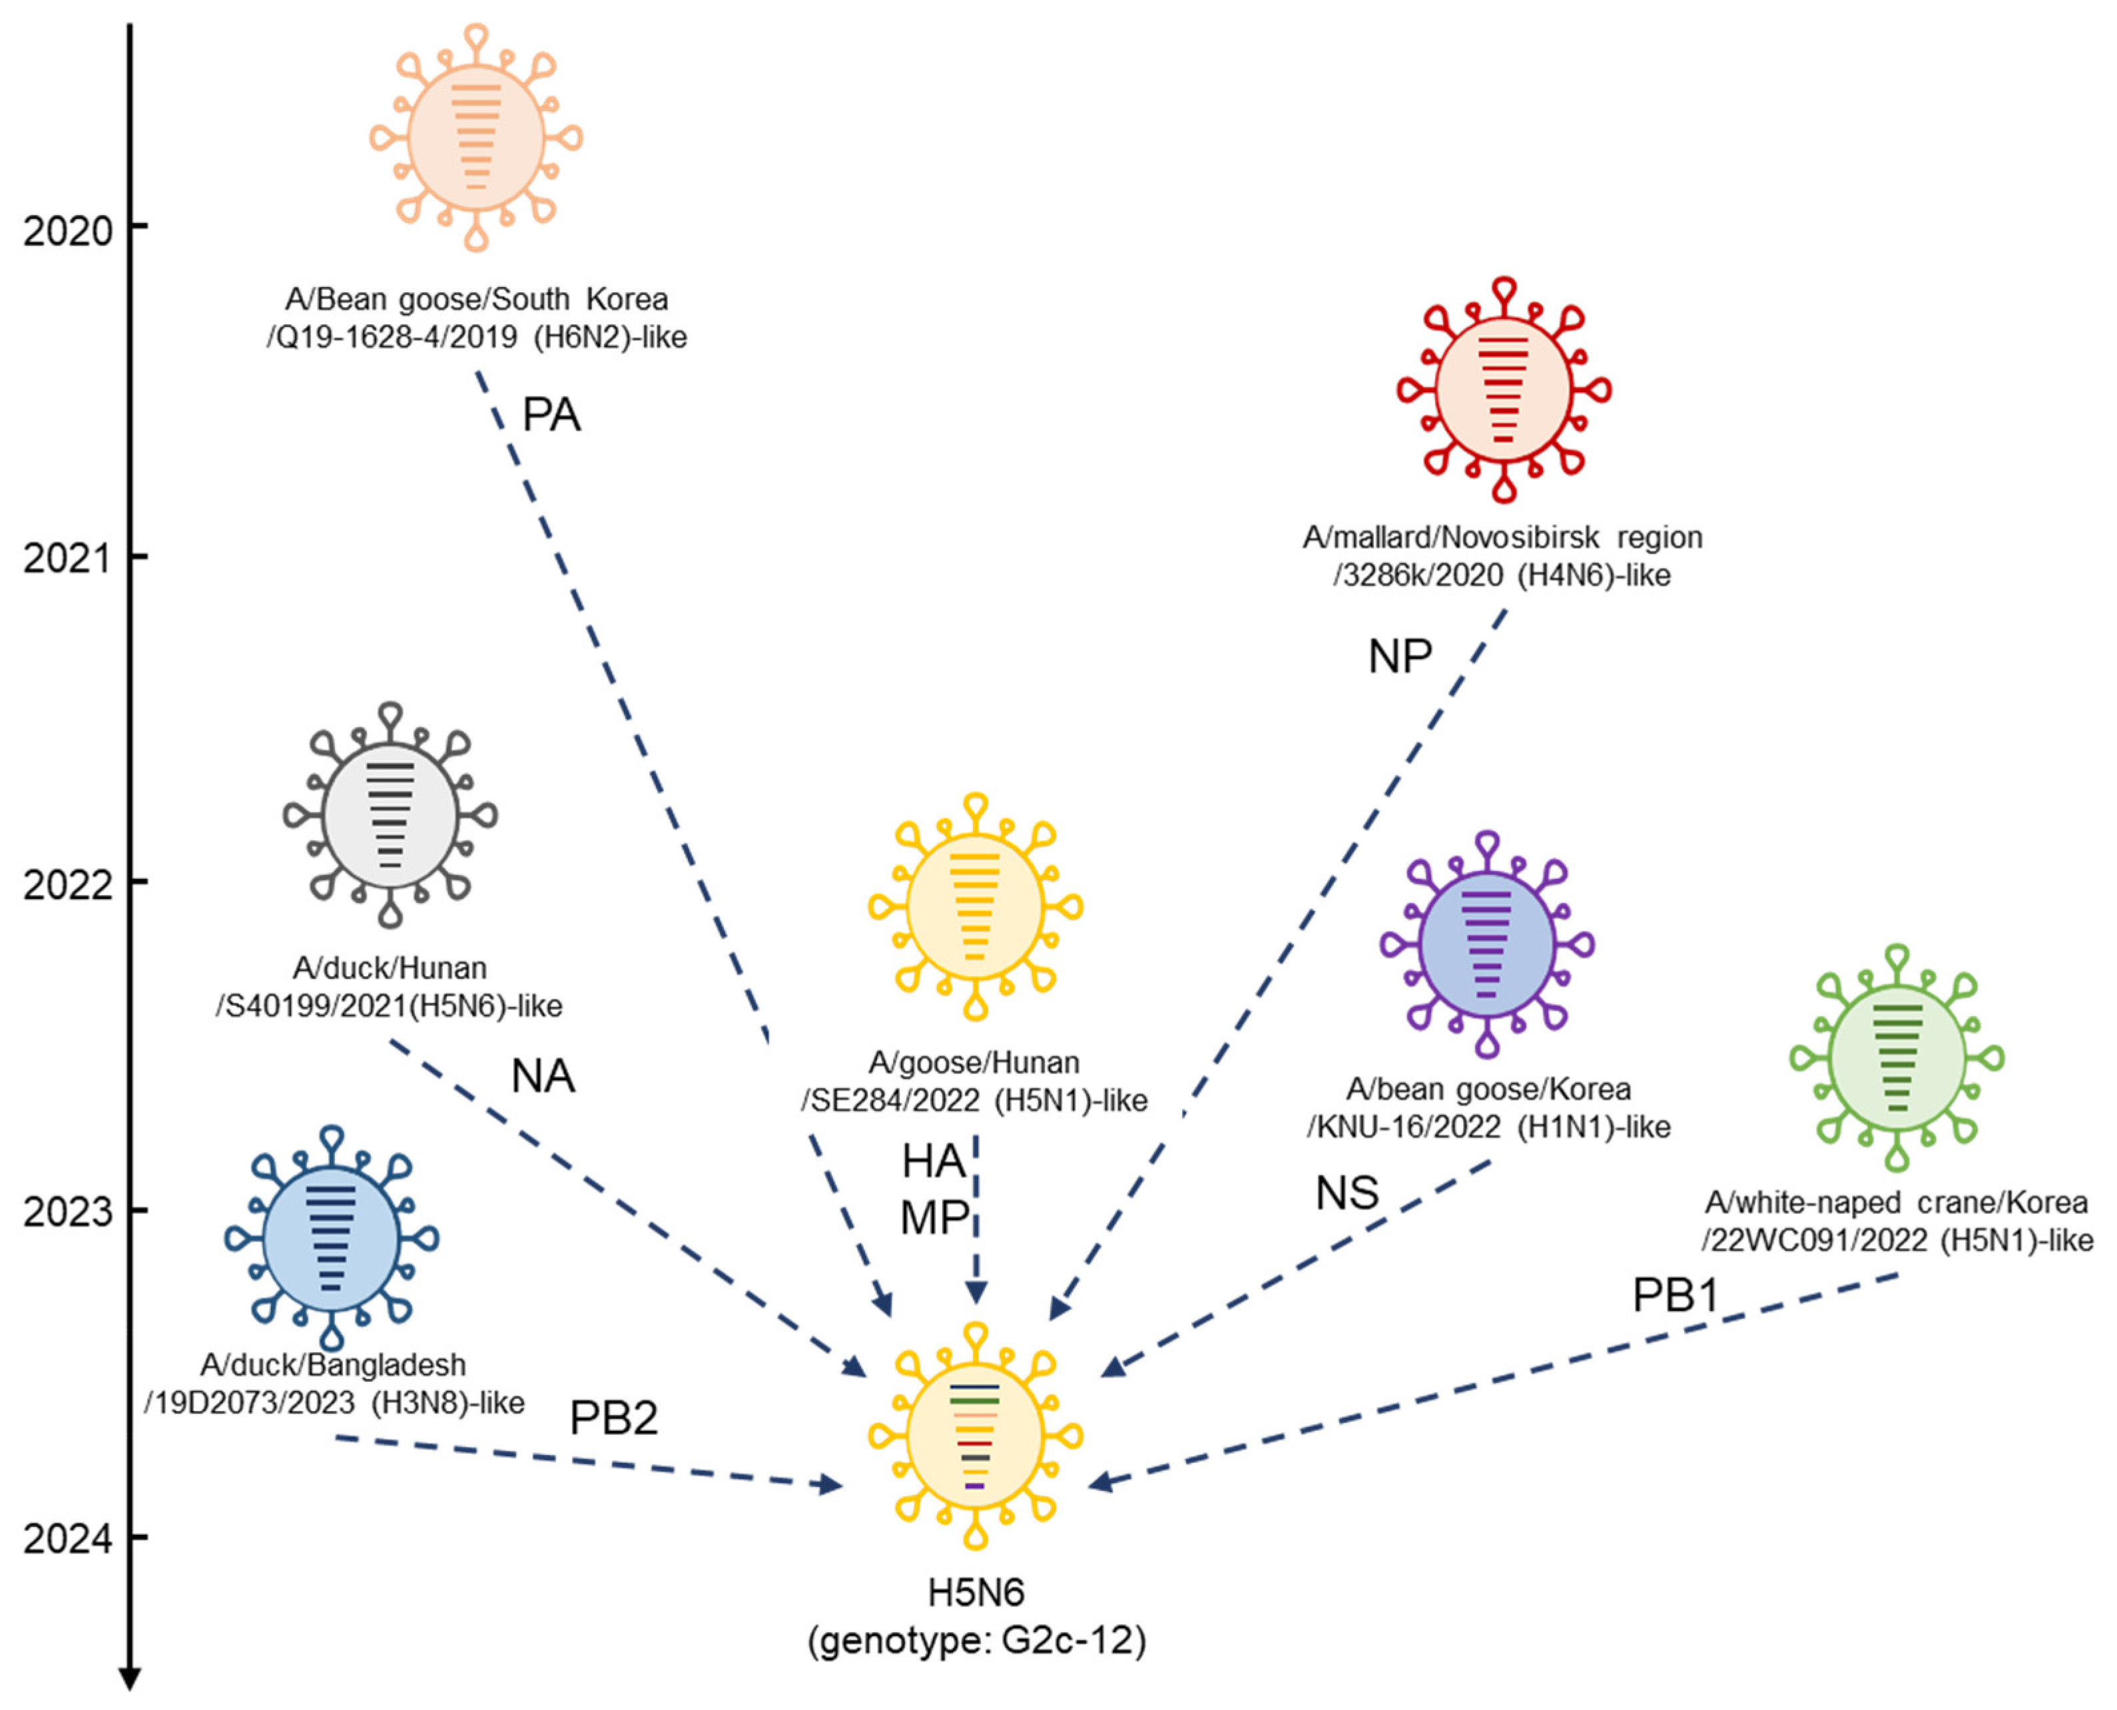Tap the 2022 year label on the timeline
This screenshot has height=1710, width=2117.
[68, 884]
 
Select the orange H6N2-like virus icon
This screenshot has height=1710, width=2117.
[475, 138]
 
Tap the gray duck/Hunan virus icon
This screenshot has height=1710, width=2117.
[390, 816]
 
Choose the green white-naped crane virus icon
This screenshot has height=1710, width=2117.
[1897, 1057]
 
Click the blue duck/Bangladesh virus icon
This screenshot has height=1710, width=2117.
[331, 1238]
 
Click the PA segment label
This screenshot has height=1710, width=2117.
[551, 415]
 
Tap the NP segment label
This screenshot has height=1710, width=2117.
[1399, 657]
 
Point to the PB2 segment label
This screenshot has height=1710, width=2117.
[613, 1418]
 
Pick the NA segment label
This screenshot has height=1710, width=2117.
[542, 1077]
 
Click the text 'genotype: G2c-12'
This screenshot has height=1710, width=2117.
[976, 1641]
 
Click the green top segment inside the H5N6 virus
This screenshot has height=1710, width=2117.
[974, 1400]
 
